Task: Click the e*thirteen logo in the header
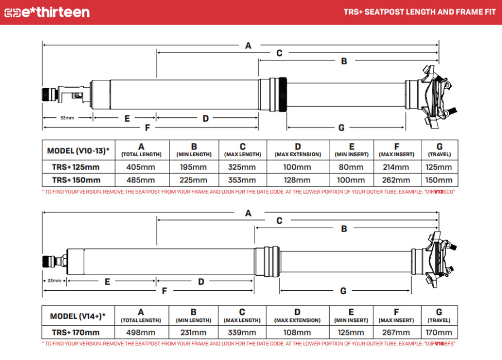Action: click(x=47, y=12)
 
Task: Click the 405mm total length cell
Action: click(x=141, y=167)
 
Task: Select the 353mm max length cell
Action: click(x=242, y=180)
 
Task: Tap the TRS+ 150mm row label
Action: click(x=76, y=180)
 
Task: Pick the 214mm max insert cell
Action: click(x=397, y=167)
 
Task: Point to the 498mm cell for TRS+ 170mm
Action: click(x=141, y=333)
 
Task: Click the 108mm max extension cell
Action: click(x=297, y=333)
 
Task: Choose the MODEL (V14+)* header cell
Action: click(x=78, y=316)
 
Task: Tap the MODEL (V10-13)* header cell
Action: click(x=78, y=151)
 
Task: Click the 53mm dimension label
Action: click(x=67, y=118)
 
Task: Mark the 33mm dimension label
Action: click(x=54, y=280)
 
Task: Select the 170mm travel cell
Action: click(x=439, y=333)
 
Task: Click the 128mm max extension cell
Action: click(x=297, y=180)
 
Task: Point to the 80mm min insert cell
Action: click(x=351, y=167)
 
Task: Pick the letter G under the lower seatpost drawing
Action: click(x=343, y=291)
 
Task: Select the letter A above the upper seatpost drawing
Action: click(x=248, y=45)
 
